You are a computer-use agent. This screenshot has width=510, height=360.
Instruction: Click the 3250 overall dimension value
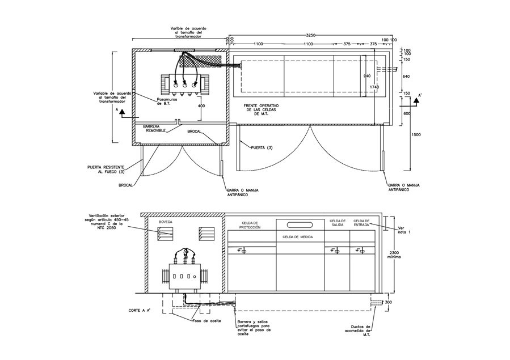click(307, 35)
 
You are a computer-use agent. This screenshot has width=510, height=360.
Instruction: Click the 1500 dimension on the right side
click(416, 135)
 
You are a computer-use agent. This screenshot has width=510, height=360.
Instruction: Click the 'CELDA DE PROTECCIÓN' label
click(250, 225)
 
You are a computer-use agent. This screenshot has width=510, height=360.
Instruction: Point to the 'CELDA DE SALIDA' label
click(338, 223)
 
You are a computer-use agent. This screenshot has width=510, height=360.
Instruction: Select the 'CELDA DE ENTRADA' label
click(361, 223)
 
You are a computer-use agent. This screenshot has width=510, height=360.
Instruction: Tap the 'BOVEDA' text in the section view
click(166, 222)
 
